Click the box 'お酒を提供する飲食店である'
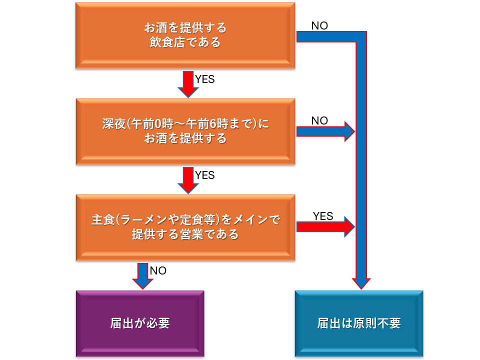(185, 35)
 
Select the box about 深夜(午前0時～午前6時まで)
(185, 131)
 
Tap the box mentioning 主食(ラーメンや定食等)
(185, 227)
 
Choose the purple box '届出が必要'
(140, 323)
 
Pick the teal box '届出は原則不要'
(359, 323)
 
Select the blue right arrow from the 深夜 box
(325, 131)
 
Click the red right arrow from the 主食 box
(325, 227)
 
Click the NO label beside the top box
(319, 25)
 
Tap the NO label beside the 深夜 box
(319, 120)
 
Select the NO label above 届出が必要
(158, 270)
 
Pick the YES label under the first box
(204, 79)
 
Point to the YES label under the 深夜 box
(204, 175)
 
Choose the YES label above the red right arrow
(323, 216)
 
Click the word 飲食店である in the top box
(185, 42)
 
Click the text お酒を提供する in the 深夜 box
(185, 138)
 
